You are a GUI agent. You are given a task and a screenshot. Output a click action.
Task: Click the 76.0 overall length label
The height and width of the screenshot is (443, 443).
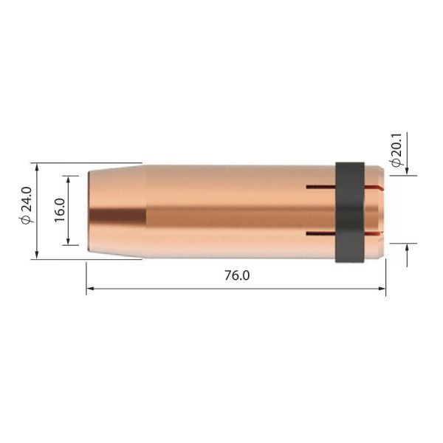coord(236,276)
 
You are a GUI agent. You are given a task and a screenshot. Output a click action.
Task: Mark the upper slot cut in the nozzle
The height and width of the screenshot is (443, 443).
coord(320,186)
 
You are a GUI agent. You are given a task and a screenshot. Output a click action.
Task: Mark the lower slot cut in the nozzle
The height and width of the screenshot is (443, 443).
coord(320,236)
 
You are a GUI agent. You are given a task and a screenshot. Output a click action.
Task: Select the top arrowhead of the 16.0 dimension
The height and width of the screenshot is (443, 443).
coord(70,179)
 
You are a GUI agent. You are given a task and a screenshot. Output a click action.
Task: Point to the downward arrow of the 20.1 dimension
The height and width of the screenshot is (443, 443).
coord(407,171)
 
